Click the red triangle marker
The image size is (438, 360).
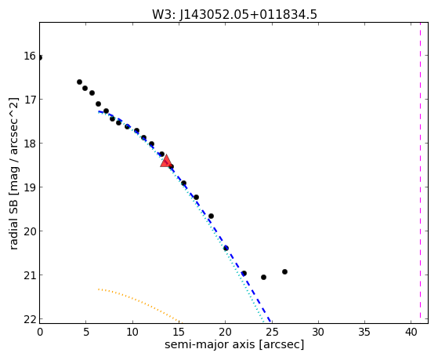tap(166, 161)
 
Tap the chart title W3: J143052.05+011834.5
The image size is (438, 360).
tap(234, 14)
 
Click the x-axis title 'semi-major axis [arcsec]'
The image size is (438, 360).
tap(234, 344)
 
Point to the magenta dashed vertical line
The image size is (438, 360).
tap(420, 173)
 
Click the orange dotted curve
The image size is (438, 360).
tap(139, 302)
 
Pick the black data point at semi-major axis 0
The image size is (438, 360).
tap(40, 57)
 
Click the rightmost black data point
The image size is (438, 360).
tap(284, 271)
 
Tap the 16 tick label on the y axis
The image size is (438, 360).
tap(30, 56)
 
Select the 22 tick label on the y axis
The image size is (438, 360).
tap(30, 319)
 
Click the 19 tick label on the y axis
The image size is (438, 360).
tap(30, 187)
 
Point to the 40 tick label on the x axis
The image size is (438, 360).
tap(411, 332)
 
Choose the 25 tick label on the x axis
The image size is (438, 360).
tap(272, 332)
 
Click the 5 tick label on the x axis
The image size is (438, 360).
tap(86, 332)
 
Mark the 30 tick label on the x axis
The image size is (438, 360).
tap(318, 332)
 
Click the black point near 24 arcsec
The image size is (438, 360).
tap(263, 277)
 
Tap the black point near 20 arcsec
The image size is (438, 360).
tap(226, 248)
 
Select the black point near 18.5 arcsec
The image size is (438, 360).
tap(212, 216)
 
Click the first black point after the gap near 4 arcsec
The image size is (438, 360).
tap(79, 82)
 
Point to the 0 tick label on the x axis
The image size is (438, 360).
tap(40, 332)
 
